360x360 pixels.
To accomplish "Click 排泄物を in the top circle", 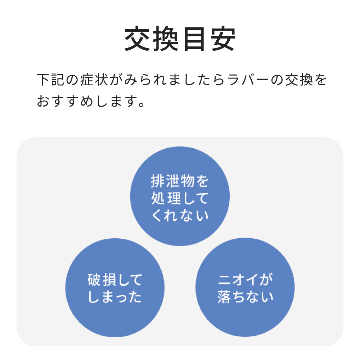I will (180, 181).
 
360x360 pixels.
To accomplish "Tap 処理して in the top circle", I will (180, 198).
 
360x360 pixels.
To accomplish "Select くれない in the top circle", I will (180, 216).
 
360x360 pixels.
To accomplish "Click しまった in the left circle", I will (115, 298).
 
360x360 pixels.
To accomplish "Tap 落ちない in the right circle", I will (245, 298).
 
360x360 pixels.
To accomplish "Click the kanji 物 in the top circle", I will (188, 181).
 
